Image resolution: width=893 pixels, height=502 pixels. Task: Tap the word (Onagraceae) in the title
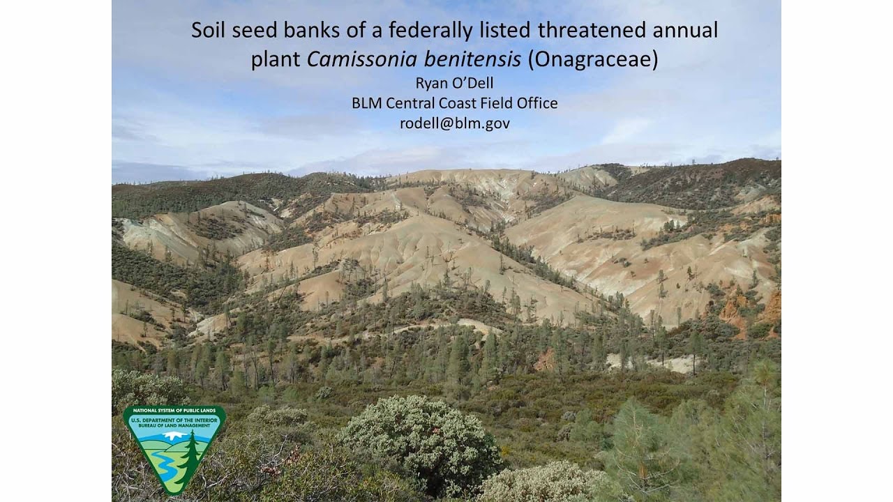592,60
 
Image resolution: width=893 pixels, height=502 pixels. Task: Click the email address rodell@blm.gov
454,123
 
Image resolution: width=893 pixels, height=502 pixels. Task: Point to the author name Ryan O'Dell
454,83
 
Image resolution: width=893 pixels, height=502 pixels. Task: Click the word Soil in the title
207,30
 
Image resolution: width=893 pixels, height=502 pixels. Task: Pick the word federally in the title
435,31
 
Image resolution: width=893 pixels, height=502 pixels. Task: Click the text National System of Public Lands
174,410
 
